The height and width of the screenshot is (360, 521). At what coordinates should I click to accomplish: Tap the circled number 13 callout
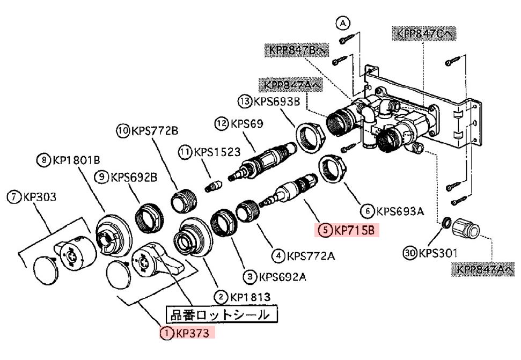click(245, 100)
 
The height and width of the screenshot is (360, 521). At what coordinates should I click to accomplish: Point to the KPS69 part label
click(247, 124)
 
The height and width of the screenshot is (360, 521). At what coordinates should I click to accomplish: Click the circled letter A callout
click(343, 23)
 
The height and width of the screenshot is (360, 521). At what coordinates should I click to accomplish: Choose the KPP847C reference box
click(424, 33)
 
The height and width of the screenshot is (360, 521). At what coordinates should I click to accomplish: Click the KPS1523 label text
click(217, 152)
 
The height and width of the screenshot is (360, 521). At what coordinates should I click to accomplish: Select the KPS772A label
click(310, 256)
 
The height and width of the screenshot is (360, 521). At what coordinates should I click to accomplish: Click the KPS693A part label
click(399, 211)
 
